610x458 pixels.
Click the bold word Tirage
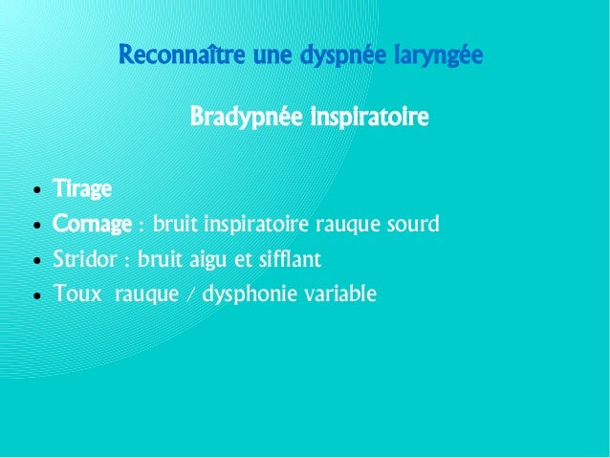click(x=82, y=188)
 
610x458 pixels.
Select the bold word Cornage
click(x=92, y=225)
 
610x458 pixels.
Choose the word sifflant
click(x=290, y=259)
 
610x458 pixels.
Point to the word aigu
click(x=225, y=260)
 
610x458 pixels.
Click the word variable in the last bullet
click(x=339, y=294)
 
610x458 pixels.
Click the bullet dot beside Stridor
click(x=35, y=261)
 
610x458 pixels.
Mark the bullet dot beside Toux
click(x=35, y=295)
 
